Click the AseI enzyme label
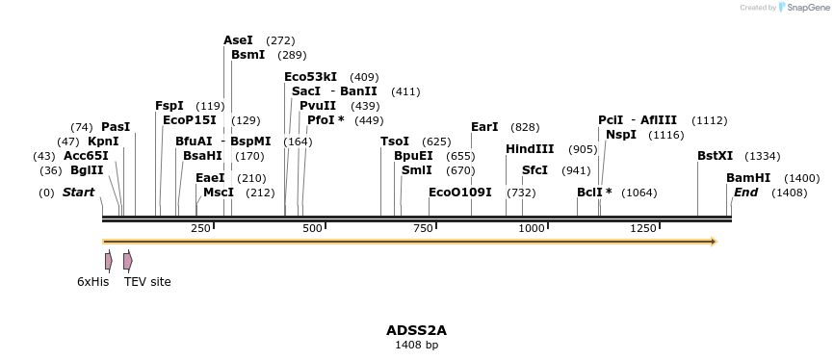click(x=238, y=40)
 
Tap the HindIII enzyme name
click(x=530, y=149)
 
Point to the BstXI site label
click(x=715, y=156)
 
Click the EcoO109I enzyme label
click(x=460, y=193)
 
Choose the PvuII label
click(x=318, y=106)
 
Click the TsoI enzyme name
click(x=395, y=141)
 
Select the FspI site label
click(x=169, y=106)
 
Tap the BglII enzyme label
click(x=87, y=170)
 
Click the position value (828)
click(x=525, y=127)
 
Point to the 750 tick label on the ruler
click(x=423, y=228)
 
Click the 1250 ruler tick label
click(x=642, y=228)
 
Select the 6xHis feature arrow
click(x=109, y=261)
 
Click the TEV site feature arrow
click(x=128, y=261)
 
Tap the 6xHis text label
click(x=93, y=282)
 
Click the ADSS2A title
click(x=416, y=330)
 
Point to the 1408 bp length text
click(x=416, y=345)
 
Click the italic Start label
click(x=78, y=193)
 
